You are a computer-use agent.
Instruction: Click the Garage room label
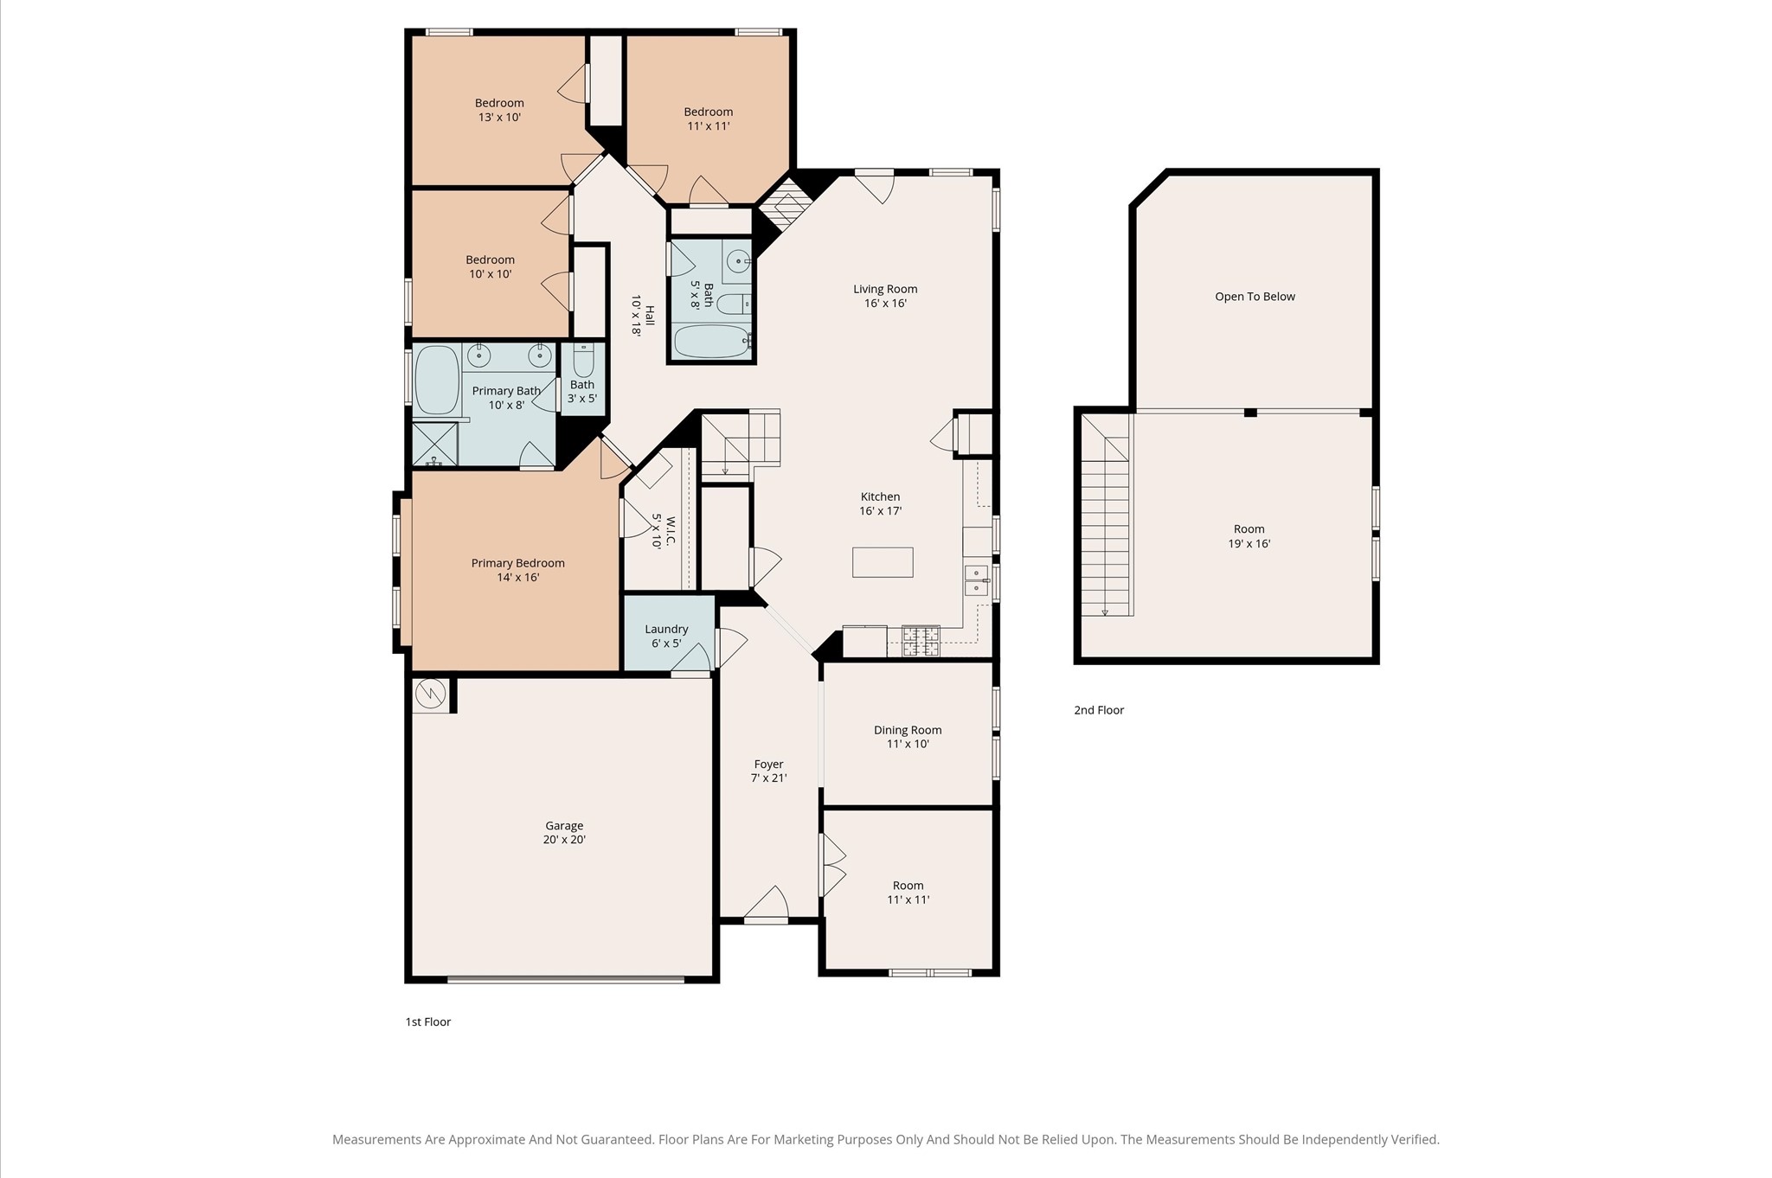click(564, 826)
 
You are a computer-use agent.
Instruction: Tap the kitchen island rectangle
click(883, 562)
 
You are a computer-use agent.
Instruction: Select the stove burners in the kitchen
click(921, 641)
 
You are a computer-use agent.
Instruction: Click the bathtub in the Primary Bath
click(437, 381)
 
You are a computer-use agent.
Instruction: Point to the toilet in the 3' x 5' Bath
click(583, 360)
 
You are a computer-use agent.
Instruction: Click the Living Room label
click(885, 289)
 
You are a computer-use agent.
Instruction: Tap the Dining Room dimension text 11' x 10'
click(908, 744)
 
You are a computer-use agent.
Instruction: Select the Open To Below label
click(1255, 297)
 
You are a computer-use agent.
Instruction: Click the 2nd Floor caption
click(1099, 710)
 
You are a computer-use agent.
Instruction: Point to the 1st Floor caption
click(428, 1021)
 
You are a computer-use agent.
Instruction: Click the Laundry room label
click(666, 630)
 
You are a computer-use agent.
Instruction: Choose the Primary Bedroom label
click(517, 563)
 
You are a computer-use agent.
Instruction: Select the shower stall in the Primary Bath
click(434, 444)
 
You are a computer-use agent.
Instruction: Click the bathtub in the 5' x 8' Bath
click(711, 342)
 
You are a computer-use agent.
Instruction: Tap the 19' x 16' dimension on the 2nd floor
click(1249, 544)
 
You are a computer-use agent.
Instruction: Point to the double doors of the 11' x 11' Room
click(832, 865)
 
